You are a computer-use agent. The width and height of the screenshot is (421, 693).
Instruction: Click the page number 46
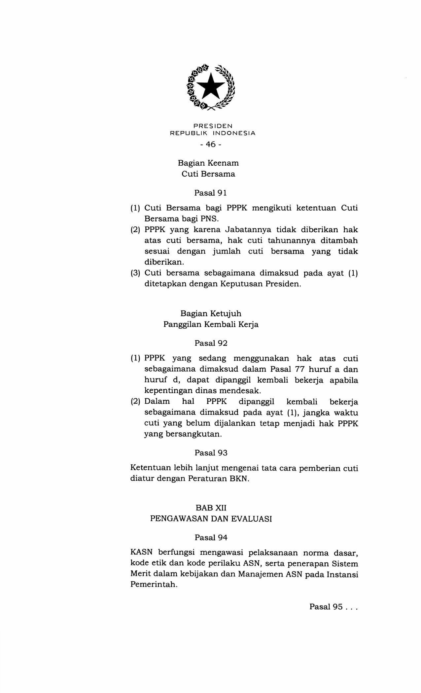210,144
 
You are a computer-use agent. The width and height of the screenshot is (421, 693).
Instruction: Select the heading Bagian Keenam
208,163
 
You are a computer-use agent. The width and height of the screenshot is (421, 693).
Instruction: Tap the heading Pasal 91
210,193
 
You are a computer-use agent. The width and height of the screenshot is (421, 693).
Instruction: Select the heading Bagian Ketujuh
211,313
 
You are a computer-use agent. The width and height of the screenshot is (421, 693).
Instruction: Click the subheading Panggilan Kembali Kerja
211,324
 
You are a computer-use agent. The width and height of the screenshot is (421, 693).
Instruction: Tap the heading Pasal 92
211,343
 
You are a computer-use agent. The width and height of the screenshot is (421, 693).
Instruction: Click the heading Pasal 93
211,453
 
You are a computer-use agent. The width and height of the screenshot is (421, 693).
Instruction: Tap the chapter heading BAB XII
211,508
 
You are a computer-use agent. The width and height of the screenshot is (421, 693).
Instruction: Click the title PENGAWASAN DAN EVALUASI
211,519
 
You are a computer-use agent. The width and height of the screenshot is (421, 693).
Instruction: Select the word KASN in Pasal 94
141,552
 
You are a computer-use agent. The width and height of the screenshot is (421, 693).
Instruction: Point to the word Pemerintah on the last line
154,584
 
